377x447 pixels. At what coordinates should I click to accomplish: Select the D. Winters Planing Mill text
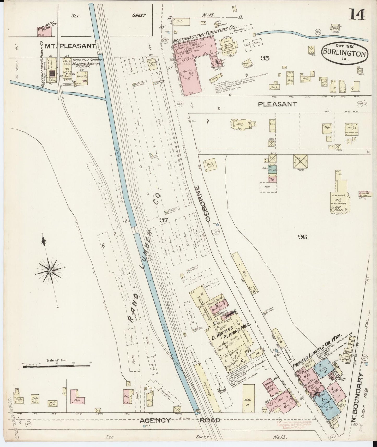pyautogui.click(x=230, y=333)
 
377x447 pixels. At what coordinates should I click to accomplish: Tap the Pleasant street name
pyautogui.click(x=277, y=104)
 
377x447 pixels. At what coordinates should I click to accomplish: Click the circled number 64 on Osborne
pyautogui.click(x=180, y=104)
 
